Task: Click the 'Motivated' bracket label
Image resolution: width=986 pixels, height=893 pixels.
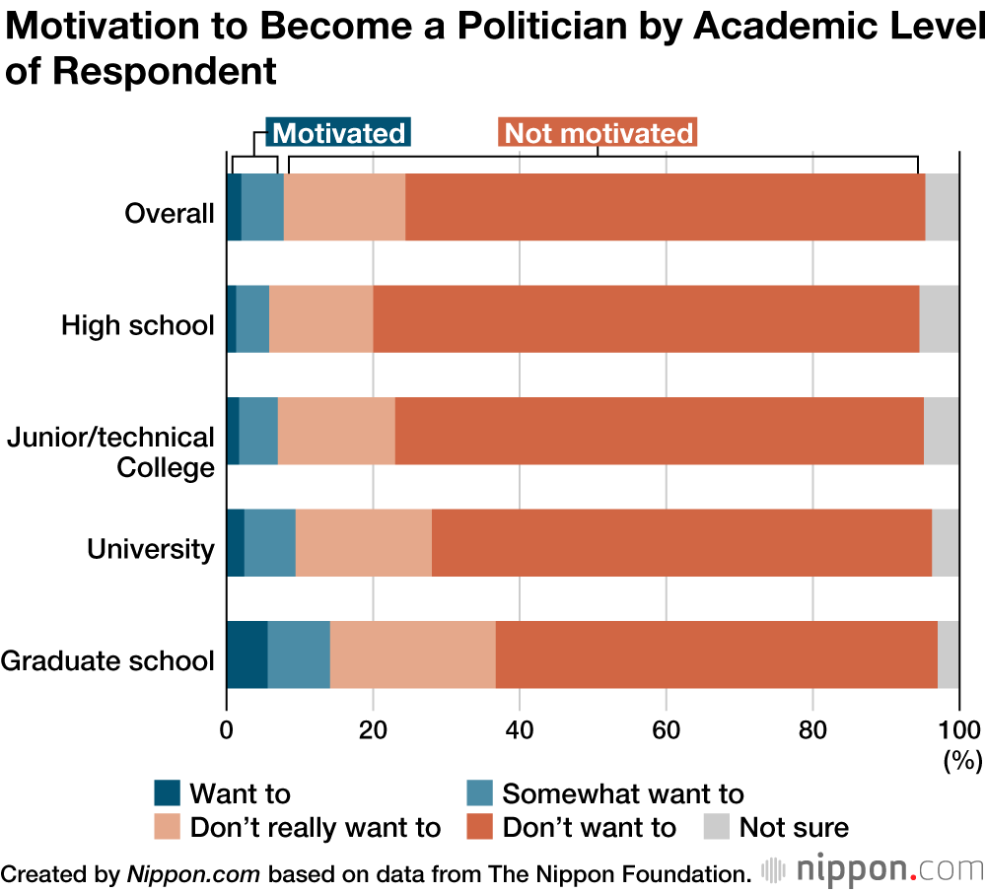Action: [x=338, y=134]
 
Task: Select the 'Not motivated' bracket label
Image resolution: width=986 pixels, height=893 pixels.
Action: [x=599, y=134]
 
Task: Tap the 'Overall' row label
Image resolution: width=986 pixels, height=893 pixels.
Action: [x=170, y=213]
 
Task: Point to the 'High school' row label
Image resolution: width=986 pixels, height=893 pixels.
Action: [x=138, y=325]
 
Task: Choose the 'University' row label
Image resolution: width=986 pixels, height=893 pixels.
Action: [x=151, y=549]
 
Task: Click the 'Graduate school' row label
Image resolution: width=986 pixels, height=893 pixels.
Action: [x=107, y=660]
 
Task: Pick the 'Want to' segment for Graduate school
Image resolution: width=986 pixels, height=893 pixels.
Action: [x=246, y=655]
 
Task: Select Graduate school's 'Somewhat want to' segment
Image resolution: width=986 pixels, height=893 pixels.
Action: [x=298, y=655]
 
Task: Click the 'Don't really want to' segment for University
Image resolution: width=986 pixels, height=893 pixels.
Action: [x=363, y=543]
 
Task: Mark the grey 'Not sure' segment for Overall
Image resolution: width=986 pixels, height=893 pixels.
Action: [x=942, y=207]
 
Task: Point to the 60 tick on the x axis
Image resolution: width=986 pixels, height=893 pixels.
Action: [x=666, y=730]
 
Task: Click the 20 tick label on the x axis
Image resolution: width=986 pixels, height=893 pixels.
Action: [x=373, y=730]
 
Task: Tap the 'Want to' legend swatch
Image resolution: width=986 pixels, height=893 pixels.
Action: [x=168, y=793]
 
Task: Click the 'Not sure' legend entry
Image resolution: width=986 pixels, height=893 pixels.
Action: [x=776, y=827]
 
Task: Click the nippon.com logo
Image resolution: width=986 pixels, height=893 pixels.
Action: [x=873, y=870]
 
